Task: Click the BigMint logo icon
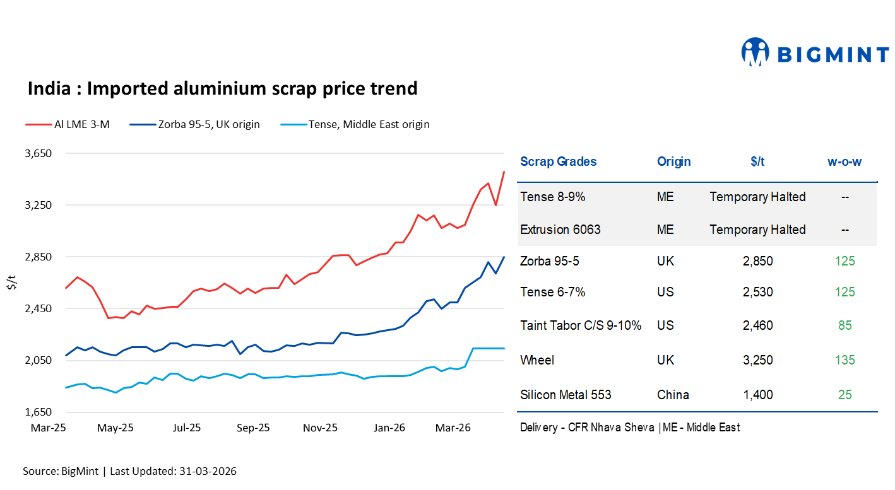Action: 755,52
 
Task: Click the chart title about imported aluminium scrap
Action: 222,88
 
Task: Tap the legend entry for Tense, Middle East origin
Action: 369,124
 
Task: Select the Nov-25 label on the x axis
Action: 321,428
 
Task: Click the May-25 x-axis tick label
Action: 116,428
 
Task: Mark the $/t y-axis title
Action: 11,283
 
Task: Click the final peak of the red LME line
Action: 503,172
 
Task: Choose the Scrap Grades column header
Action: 558,161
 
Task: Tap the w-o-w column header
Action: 845,161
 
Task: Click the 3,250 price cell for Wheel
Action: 757,360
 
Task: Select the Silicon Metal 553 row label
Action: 566,395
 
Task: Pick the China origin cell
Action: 673,395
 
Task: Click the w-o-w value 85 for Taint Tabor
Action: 845,325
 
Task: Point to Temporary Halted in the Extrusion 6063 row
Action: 757,230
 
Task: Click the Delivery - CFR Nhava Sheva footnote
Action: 587,428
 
